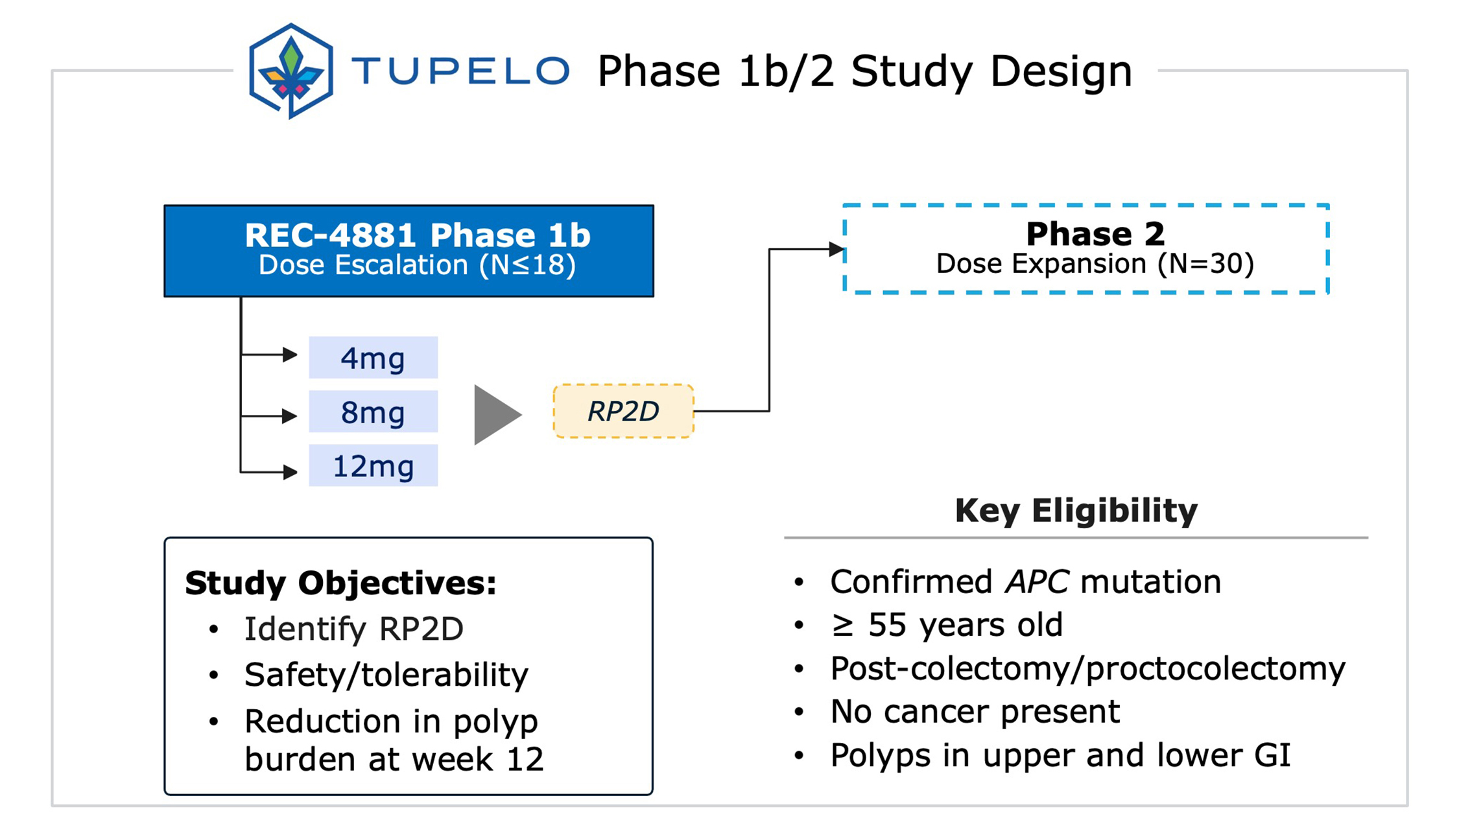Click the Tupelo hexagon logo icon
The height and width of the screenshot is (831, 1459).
pos(291,71)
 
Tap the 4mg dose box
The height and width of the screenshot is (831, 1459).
pos(373,357)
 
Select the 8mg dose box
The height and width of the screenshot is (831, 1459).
pos(373,412)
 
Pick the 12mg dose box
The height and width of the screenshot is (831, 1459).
pos(373,465)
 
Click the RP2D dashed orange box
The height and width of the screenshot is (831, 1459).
pos(623,411)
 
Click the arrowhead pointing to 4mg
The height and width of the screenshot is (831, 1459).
pos(290,355)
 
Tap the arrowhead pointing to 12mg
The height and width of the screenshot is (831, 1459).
pos(290,472)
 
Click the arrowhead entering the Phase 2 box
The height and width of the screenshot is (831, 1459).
pos(836,249)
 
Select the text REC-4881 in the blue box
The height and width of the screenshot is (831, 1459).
pos(330,235)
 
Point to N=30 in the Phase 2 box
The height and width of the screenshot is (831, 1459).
pos(1207,264)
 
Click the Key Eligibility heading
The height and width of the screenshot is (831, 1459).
pos(1076,510)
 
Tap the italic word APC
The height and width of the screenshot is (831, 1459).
pos(1036,581)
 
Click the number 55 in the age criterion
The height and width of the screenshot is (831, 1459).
pos(887,625)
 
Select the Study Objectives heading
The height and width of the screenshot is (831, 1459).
pos(341,583)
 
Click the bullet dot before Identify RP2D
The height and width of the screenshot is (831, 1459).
pos(214,629)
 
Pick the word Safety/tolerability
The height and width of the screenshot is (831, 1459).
pos(386,675)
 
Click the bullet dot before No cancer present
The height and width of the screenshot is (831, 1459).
pos(799,712)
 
